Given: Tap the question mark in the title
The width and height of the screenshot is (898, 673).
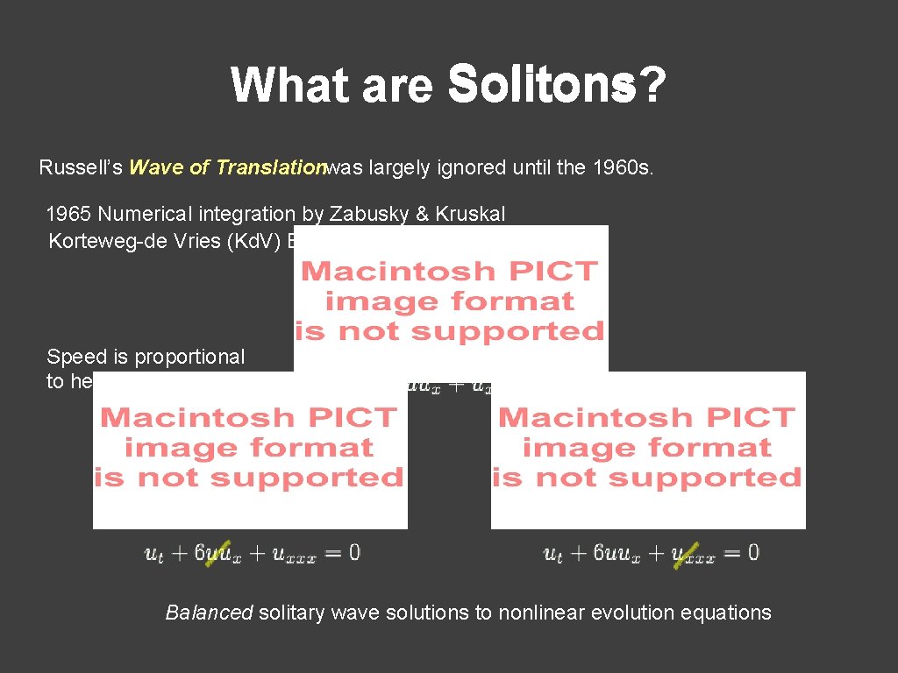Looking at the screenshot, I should (651, 86).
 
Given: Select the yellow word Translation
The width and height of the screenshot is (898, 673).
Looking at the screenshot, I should (272, 167).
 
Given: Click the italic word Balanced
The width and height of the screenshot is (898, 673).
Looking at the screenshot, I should (210, 613).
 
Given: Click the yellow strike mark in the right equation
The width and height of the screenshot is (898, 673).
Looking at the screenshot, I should (685, 554).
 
